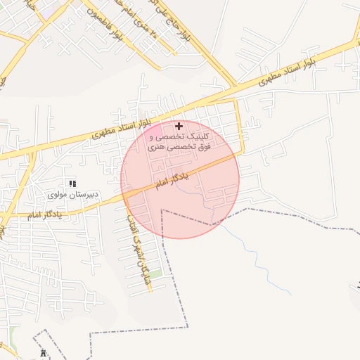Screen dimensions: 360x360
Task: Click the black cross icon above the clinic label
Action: click(179, 126)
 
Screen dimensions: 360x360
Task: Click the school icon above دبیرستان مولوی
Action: click(72, 183)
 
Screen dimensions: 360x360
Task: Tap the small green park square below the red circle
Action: click(155, 273)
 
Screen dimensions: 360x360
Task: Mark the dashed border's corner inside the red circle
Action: click(162, 210)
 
